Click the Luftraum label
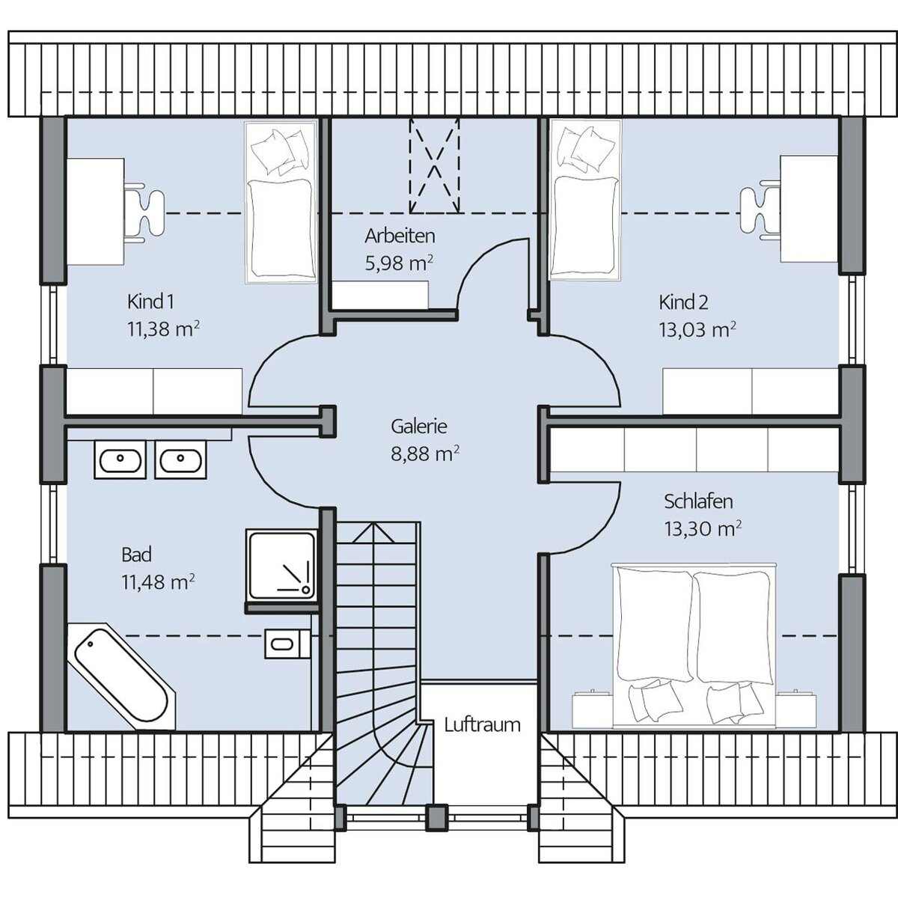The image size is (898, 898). point(482,725)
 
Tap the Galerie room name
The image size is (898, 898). point(419,427)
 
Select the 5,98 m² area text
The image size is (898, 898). point(399,263)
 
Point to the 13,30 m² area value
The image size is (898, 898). point(703,529)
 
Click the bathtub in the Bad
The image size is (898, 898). point(121,676)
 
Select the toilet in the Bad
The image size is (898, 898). point(287,644)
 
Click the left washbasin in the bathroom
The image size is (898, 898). point(120,459)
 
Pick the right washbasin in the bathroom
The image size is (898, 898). point(180,459)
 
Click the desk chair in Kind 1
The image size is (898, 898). point(144,213)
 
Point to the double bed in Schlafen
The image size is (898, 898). point(694,645)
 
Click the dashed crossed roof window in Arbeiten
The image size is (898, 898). point(434,166)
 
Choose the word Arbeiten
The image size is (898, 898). point(400,236)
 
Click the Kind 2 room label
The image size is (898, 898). point(683,302)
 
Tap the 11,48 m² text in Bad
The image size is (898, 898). point(158,582)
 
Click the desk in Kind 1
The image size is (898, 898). point(96,212)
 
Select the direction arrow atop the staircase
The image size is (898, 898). point(373,533)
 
